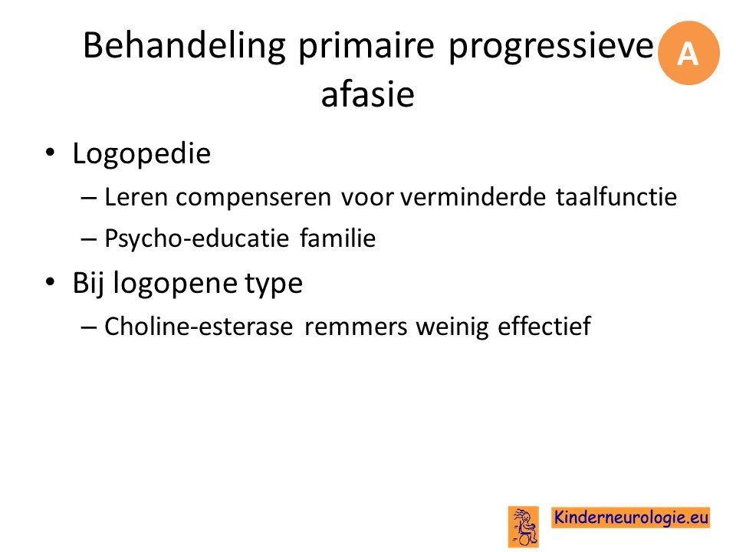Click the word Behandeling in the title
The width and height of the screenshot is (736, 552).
point(185,46)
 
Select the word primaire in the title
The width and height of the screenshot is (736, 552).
point(366,47)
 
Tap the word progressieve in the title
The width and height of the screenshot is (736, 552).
point(551,47)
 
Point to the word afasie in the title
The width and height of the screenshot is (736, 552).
point(367,94)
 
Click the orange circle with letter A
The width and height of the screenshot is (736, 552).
point(688,53)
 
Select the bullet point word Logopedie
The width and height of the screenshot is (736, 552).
point(142,154)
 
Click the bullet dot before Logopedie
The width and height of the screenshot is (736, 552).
point(50,152)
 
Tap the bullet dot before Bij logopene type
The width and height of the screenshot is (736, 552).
point(50,281)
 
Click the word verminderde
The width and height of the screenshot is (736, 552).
point(473,197)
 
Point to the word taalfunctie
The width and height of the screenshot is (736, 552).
point(616,196)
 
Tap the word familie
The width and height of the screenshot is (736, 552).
point(338,238)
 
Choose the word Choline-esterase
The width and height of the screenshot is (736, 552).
point(199,326)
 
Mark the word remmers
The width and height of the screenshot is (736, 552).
point(356,327)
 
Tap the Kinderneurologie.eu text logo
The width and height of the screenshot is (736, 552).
point(630,517)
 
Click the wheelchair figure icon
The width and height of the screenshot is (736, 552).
point(524,527)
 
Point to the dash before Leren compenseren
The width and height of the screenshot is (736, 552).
point(89,198)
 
